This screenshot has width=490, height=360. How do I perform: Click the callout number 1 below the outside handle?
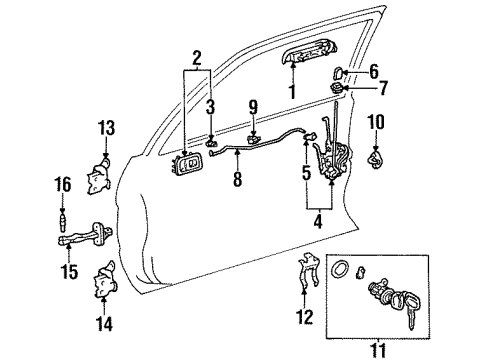[x=293, y=92]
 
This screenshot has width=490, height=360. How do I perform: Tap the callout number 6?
[x=374, y=71]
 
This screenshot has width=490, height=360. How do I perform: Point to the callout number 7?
[x=383, y=88]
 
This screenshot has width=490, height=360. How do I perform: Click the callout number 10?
[x=376, y=122]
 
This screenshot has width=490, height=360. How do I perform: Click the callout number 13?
[x=107, y=128]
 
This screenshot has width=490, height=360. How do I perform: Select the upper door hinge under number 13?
[x=99, y=176]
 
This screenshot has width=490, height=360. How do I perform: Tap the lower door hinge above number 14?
[x=105, y=280]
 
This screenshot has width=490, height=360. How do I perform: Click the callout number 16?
[x=63, y=184]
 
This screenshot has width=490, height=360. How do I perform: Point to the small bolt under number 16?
[x=63, y=220]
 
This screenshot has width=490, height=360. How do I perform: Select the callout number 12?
[x=305, y=317]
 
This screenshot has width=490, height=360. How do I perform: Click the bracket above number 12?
[x=308, y=270]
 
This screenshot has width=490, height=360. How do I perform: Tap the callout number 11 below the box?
[x=378, y=350]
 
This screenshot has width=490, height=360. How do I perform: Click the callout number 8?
[x=237, y=179]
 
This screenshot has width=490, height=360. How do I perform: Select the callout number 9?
[x=253, y=107]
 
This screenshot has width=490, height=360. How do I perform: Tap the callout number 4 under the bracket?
[x=318, y=221]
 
